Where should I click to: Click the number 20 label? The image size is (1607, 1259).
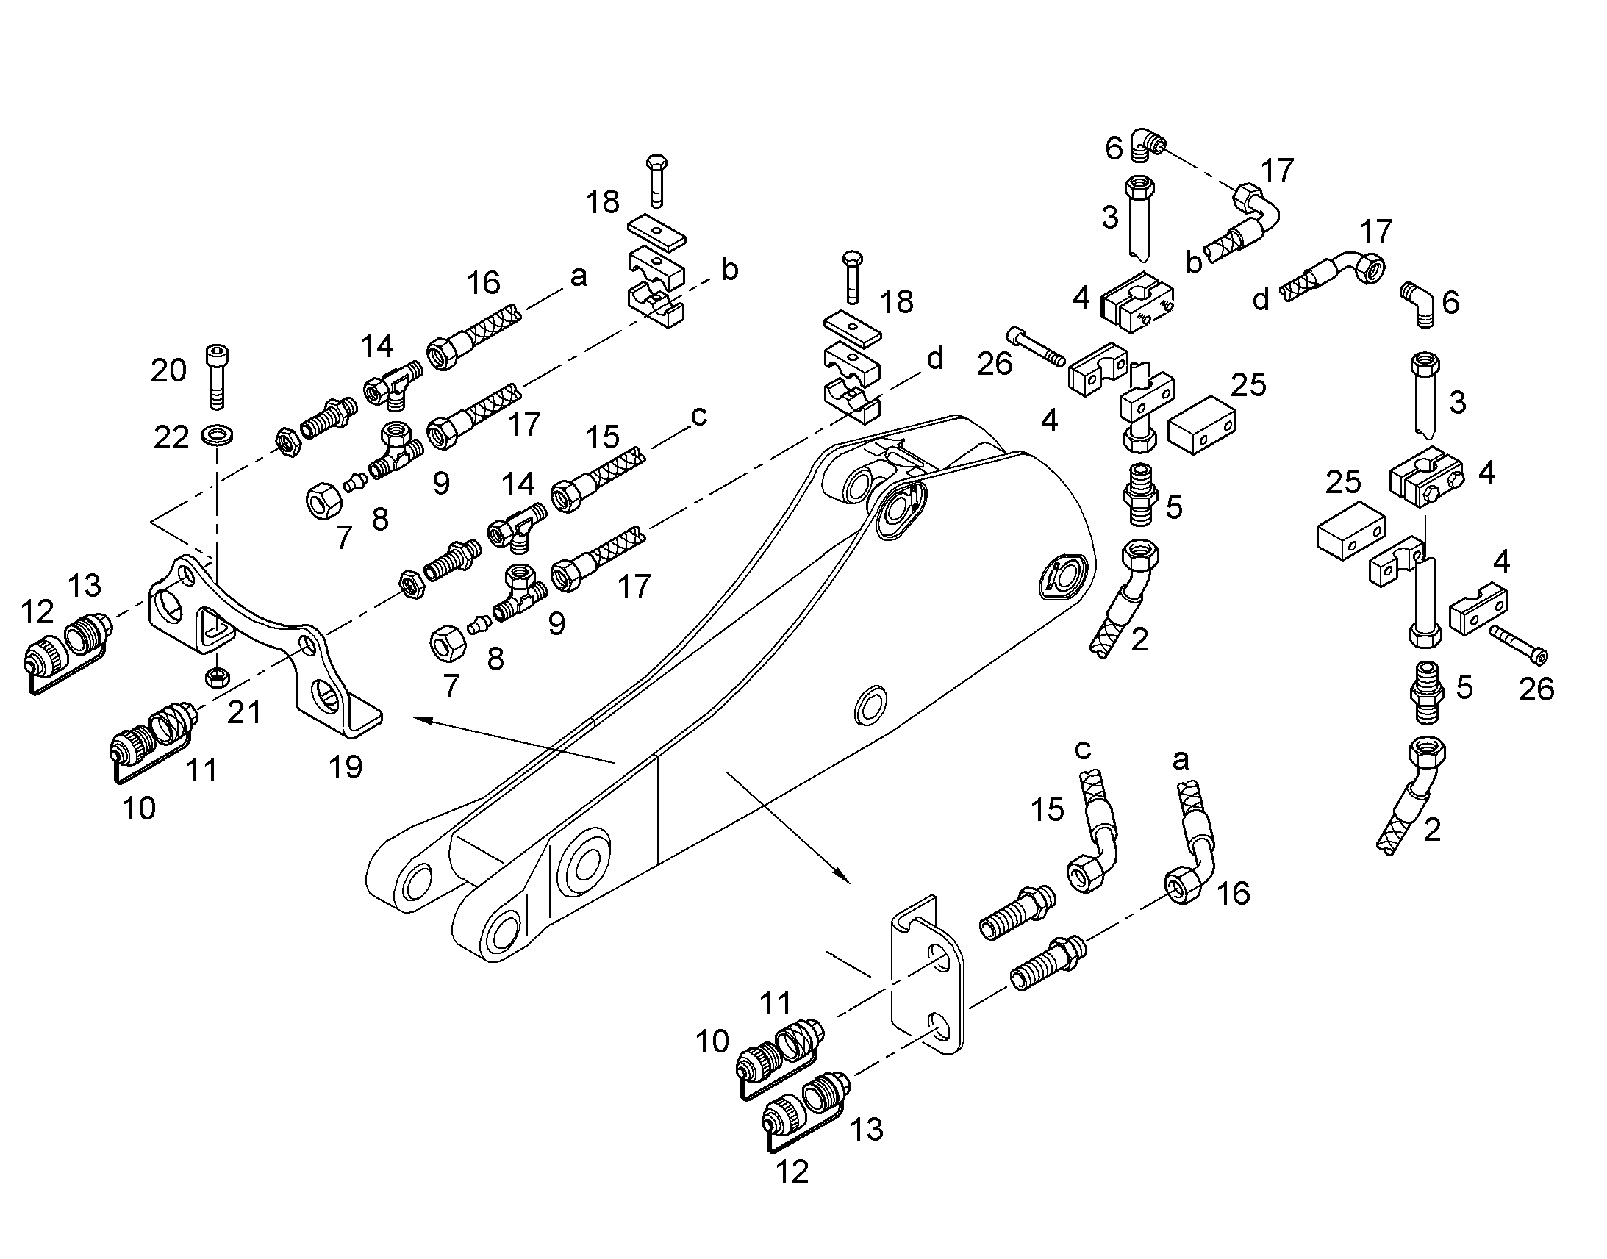tap(168, 370)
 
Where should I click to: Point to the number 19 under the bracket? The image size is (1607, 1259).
tap(346, 767)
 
